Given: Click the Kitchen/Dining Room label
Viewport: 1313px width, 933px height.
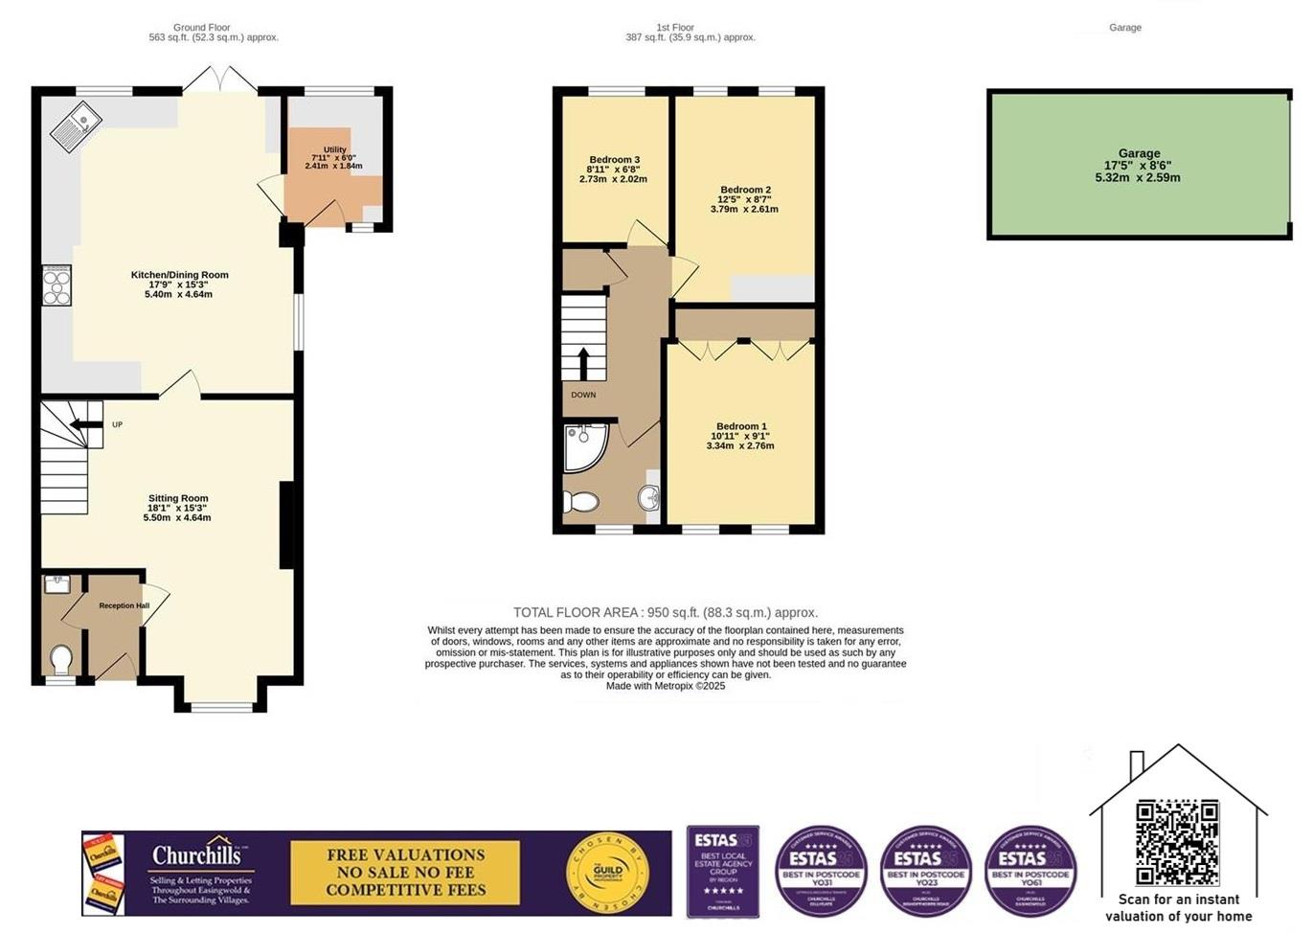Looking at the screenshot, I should (x=179, y=275).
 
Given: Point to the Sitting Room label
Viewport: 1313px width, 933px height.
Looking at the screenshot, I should (x=178, y=498).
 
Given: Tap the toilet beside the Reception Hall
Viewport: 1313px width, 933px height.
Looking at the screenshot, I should (x=60, y=660).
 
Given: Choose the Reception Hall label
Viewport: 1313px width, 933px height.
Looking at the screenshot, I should (x=125, y=605).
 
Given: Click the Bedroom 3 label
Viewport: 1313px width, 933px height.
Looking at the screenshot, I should (x=614, y=160).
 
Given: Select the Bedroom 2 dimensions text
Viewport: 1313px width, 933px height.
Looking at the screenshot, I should (x=744, y=204).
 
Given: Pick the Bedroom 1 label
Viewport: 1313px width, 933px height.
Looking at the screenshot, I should (x=741, y=426).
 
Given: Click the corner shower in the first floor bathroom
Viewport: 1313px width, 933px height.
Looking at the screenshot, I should (x=582, y=446).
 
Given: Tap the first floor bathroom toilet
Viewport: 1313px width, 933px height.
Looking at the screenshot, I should (x=580, y=502).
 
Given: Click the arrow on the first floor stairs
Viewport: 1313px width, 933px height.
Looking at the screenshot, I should (x=582, y=363).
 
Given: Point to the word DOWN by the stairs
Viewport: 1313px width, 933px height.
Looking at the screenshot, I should (x=583, y=395).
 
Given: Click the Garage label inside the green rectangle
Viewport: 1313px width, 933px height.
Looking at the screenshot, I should (x=1139, y=153).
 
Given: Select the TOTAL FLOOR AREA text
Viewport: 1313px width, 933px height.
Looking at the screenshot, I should (x=665, y=612).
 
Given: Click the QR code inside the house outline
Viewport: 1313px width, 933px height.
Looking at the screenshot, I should (x=1177, y=842).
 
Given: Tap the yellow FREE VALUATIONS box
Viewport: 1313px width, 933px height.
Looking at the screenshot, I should (x=405, y=872).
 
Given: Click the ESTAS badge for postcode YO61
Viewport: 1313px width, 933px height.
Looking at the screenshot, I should (x=1030, y=871).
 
